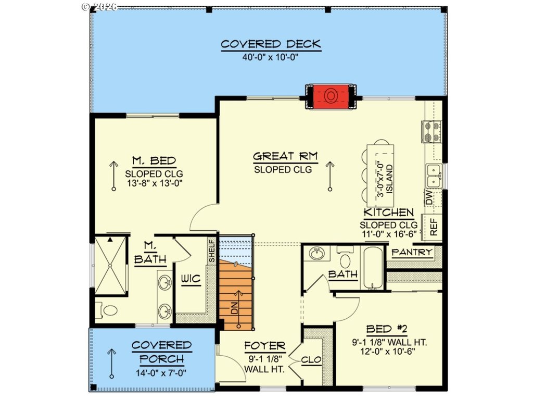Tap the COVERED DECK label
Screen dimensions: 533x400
271,44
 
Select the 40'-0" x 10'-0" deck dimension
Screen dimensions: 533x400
270,57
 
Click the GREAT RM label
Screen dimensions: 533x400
286,156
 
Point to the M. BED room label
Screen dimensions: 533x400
154,160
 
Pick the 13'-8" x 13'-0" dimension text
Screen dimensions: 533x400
155,183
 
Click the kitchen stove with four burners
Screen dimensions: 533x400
432,132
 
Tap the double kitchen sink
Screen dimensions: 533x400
434,176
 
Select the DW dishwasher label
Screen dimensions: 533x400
429,197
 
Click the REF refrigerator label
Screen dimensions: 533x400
434,227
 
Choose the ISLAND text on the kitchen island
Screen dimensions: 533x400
389,179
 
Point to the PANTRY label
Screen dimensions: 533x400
412,253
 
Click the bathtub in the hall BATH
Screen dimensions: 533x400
373,267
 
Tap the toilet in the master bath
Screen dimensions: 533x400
108,310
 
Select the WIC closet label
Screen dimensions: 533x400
191,279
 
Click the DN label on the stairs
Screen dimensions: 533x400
234,308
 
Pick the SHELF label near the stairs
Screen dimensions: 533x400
212,251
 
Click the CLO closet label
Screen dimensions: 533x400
311,359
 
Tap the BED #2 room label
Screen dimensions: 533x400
387,329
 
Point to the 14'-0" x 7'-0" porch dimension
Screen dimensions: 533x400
161,373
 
